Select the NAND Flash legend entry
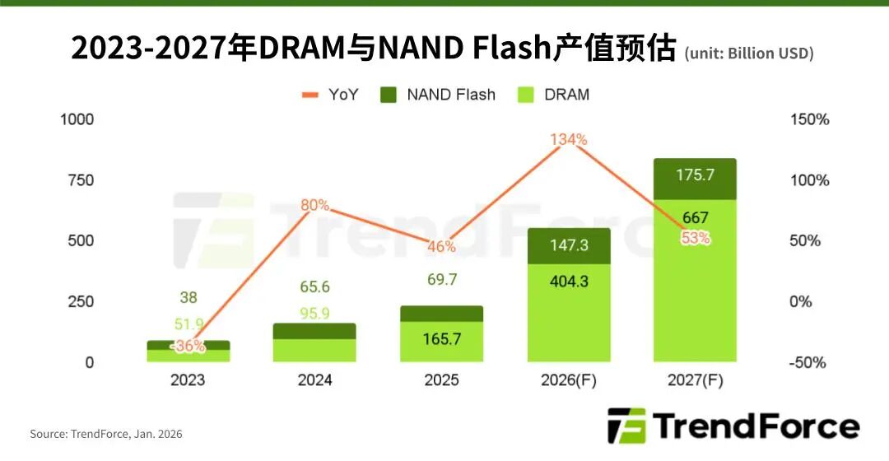[x=438, y=95]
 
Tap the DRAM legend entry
[x=553, y=95]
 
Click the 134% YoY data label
[x=569, y=139]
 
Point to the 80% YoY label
[x=314, y=205]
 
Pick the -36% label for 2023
[x=189, y=347]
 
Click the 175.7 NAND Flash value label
[x=695, y=175]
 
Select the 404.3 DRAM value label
[x=569, y=281]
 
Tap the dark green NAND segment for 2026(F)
[x=569, y=245]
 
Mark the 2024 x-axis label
[x=314, y=380]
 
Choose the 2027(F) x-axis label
[x=695, y=380]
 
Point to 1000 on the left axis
[x=77, y=119]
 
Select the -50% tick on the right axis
[x=808, y=362]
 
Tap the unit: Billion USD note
[x=748, y=54]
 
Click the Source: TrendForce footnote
[x=106, y=433]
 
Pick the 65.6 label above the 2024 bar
[x=314, y=286]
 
